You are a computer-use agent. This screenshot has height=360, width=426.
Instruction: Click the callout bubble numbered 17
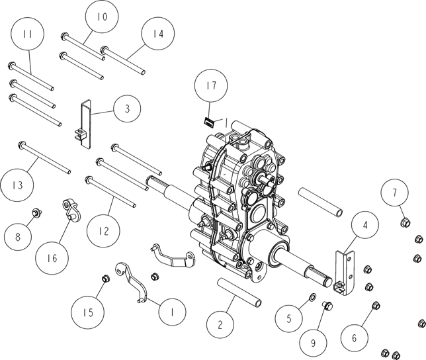tap(211, 85)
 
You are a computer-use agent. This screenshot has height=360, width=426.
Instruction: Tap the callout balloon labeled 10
tap(102, 17)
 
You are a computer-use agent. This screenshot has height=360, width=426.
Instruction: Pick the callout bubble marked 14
tap(158, 34)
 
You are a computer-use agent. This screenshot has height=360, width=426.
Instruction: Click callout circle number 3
tap(127, 109)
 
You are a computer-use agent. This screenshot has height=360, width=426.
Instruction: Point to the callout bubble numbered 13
tap(17, 185)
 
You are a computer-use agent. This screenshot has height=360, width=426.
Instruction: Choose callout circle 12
tap(103, 231)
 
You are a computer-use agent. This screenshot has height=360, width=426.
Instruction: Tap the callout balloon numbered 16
tap(52, 257)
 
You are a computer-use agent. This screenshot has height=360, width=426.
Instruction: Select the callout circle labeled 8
tap(18, 237)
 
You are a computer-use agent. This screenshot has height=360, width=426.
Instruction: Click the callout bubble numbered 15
tap(88, 312)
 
